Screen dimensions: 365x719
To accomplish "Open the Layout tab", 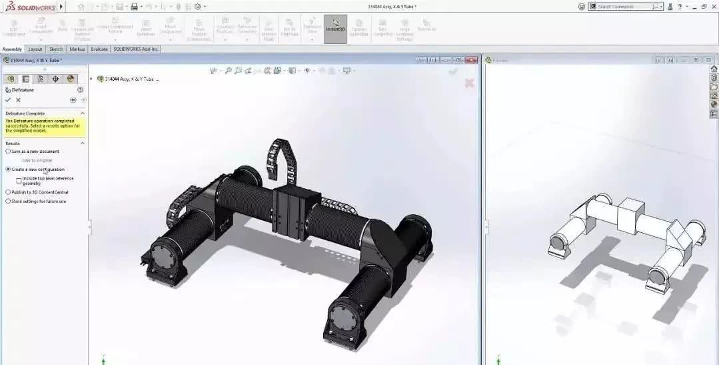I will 35,49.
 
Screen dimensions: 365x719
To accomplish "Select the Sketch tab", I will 56,49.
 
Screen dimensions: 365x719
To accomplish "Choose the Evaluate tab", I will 99,49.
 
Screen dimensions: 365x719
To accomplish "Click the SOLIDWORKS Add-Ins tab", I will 136,49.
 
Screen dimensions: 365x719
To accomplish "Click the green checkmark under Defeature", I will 8,100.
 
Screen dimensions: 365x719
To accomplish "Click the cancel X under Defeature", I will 18,100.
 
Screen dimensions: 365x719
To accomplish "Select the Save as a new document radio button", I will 8,151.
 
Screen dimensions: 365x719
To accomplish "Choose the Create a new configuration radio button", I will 8,169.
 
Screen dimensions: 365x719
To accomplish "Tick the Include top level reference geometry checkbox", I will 19,179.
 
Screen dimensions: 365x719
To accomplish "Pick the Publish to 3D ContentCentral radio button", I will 8,192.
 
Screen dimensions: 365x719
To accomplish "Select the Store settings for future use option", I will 8,201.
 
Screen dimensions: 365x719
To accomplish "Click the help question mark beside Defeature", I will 81,89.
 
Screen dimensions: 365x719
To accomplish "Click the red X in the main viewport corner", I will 469,83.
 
